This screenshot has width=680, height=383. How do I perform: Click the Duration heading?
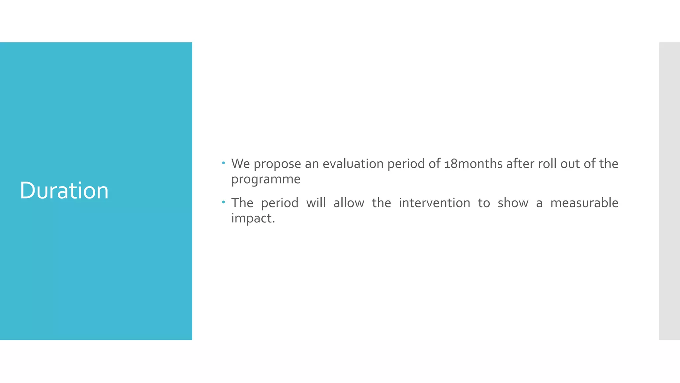[x=64, y=191]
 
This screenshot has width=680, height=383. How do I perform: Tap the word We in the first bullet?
[x=240, y=164]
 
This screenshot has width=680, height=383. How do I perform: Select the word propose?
[x=277, y=164]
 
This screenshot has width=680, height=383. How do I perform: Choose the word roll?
[x=547, y=164]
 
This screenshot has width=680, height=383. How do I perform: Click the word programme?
[x=266, y=180]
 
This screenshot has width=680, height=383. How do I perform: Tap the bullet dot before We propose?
[x=224, y=163]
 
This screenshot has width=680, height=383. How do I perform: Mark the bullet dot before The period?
[x=224, y=202]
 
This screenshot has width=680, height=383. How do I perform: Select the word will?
[x=316, y=203]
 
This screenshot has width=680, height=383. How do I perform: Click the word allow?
[x=349, y=203]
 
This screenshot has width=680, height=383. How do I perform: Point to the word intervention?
[x=434, y=203]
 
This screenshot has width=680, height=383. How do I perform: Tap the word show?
[x=513, y=203]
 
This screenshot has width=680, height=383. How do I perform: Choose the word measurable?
[x=584, y=203]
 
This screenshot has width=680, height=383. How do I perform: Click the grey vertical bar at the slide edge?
[x=669, y=191]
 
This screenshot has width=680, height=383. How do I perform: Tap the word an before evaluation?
[x=312, y=164]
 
